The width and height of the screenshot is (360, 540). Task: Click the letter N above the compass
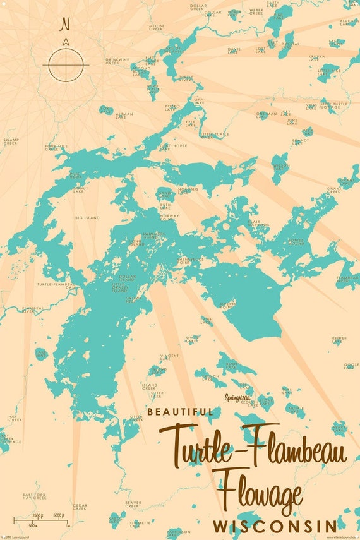65,25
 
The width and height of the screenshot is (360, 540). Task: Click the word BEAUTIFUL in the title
180,412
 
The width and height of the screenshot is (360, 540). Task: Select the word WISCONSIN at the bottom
274,526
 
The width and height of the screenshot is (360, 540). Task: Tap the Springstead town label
237,397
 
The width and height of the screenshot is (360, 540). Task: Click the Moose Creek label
157,27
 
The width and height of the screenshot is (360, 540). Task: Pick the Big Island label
87,217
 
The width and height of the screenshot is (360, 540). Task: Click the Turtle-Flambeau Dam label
56,285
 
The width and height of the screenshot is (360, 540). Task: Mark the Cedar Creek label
80,507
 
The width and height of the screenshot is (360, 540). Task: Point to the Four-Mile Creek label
56,147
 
